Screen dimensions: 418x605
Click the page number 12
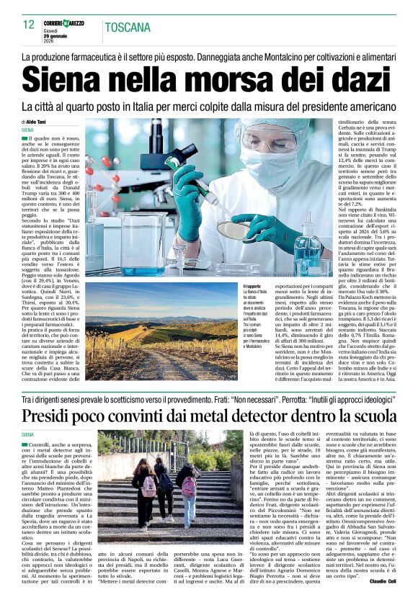(x=28, y=24)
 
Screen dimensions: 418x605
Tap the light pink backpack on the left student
(x=148, y=485)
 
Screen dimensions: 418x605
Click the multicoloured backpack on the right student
(x=189, y=486)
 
